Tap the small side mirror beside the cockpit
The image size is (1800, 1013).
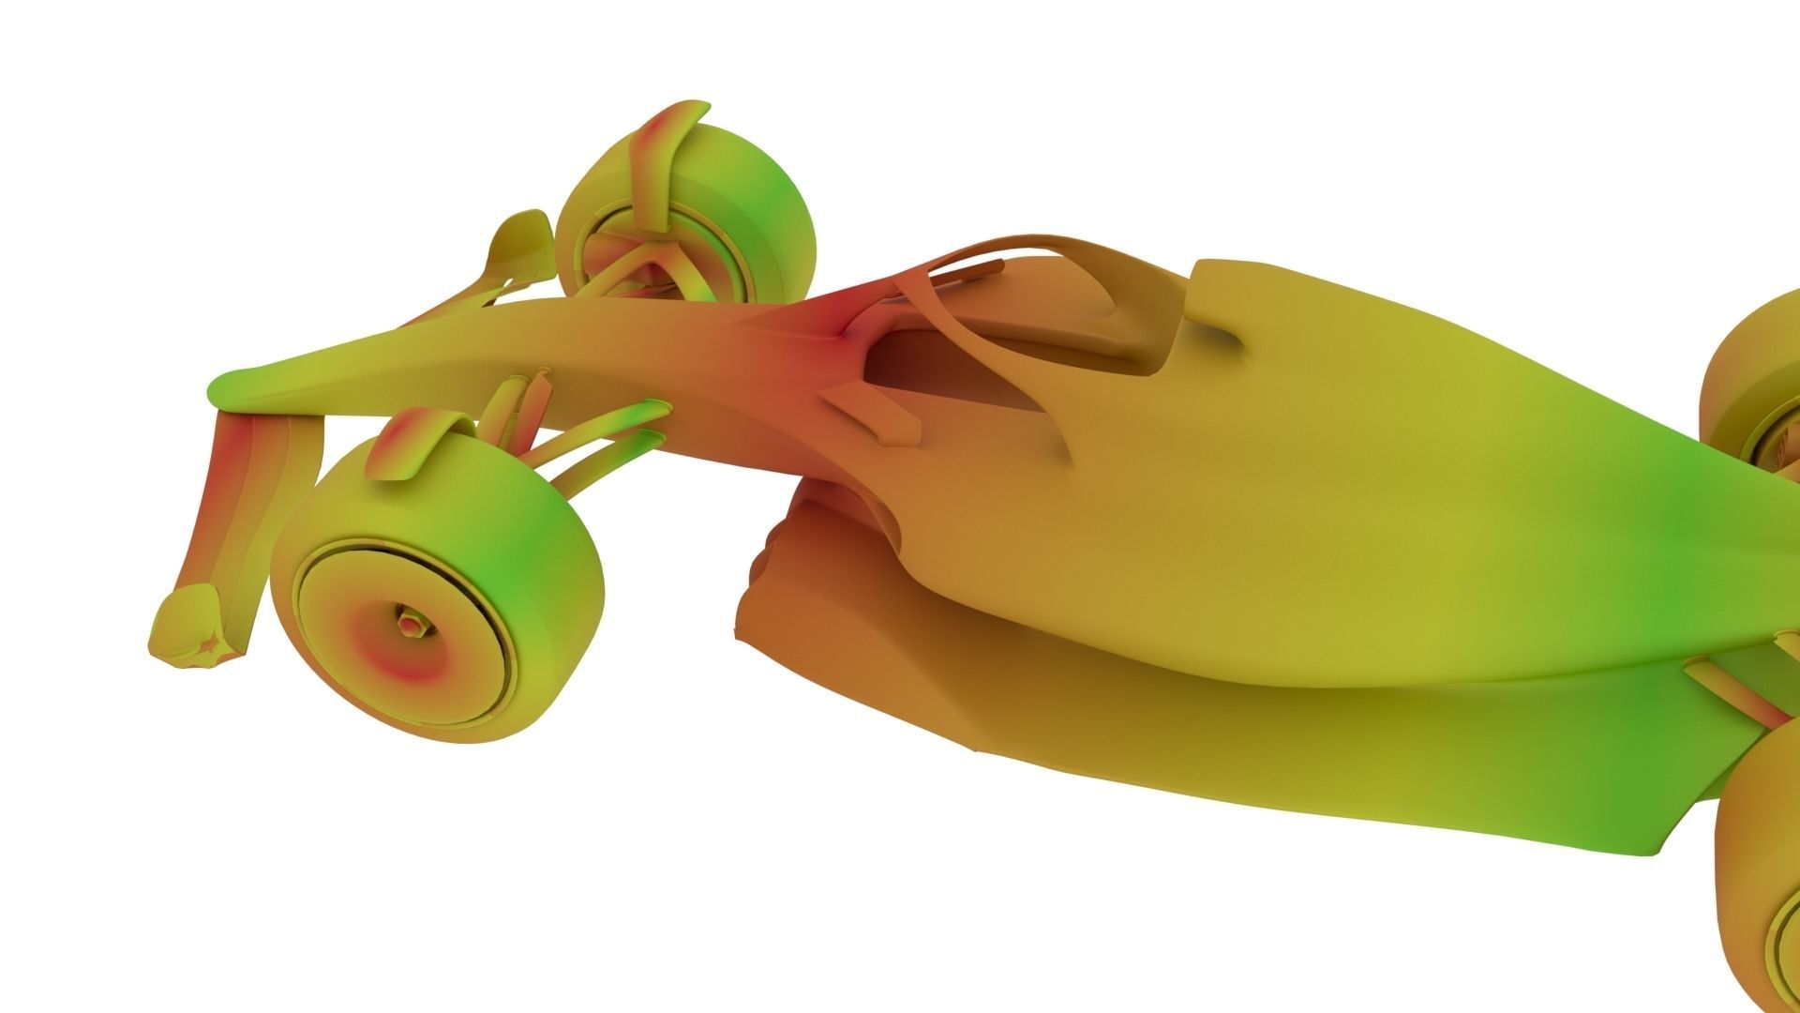click(867, 413)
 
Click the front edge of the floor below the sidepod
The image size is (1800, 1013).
click(759, 600)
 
